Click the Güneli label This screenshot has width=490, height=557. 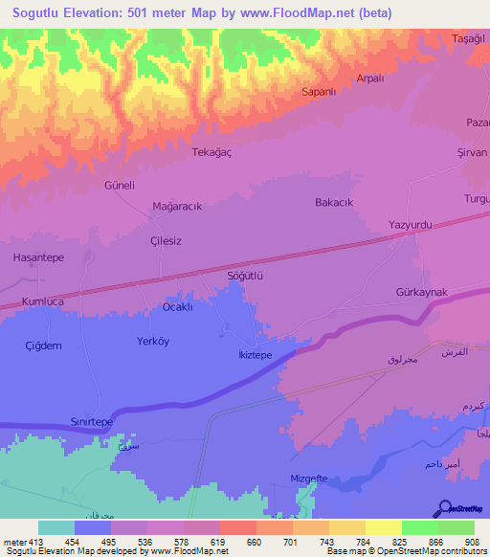point(120,184)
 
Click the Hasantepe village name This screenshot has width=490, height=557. point(38,257)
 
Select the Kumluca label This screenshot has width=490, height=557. point(41,301)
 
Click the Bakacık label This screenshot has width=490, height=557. point(334,202)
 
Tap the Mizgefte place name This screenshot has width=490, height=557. point(309,478)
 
